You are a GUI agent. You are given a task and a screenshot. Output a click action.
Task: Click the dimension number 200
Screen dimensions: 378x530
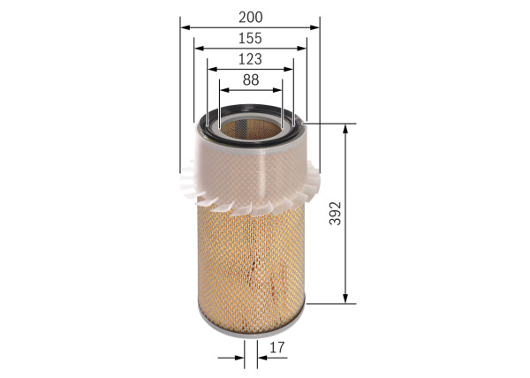coord(250,16)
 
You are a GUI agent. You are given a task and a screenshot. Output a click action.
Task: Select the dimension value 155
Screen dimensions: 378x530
coord(250,38)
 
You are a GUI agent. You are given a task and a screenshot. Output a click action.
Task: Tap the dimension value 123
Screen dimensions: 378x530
coord(250,58)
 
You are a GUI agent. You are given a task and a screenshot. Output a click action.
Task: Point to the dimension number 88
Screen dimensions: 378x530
coord(250,79)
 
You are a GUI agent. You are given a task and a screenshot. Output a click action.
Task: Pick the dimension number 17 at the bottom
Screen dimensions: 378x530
coord(277,348)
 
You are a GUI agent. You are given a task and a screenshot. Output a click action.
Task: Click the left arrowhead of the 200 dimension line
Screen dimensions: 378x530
coord(185,27)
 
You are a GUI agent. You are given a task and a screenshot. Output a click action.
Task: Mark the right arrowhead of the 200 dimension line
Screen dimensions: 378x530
coord(314,27)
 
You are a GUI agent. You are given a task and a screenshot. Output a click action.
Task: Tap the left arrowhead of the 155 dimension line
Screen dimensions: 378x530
coord(199,49)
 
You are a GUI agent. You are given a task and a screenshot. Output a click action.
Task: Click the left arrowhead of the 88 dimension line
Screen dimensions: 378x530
coord(224,90)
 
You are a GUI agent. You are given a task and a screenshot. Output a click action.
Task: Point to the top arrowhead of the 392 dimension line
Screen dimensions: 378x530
coord(345,130)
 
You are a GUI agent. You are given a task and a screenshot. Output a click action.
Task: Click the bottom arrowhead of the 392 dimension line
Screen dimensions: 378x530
coord(345,299)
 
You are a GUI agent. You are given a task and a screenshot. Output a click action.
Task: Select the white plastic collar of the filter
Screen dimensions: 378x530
coord(250,172)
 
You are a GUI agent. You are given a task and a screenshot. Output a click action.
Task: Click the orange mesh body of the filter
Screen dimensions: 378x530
coord(250,265)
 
